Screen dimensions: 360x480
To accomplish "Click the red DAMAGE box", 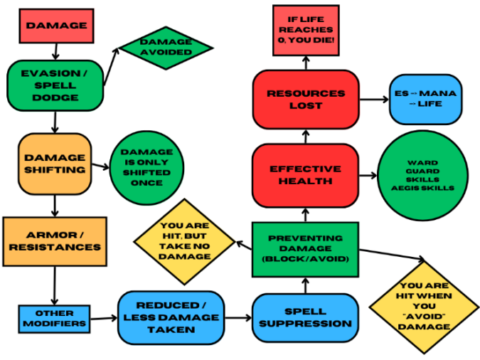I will (x=56, y=26).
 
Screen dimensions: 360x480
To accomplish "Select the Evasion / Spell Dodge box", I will (x=55, y=85).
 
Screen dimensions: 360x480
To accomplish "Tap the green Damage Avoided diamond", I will (x=166, y=47).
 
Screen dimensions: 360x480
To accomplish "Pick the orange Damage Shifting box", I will (x=55, y=163).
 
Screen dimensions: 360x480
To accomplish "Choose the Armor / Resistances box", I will (x=55, y=240).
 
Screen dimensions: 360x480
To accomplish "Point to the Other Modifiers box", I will (x=55, y=318).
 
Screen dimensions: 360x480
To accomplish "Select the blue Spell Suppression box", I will (x=304, y=317).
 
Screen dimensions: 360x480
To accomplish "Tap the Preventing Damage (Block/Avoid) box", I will (x=305, y=249).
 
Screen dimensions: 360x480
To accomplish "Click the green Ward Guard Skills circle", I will (x=425, y=174).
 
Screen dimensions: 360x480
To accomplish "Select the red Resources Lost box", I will (x=305, y=99).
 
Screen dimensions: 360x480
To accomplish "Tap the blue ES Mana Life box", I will (x=425, y=99).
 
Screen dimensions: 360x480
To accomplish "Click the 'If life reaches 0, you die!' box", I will (x=305, y=29).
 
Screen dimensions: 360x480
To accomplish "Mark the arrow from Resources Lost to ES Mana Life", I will (x=373, y=100).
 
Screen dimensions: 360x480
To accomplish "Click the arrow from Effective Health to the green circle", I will (x=367, y=174).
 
